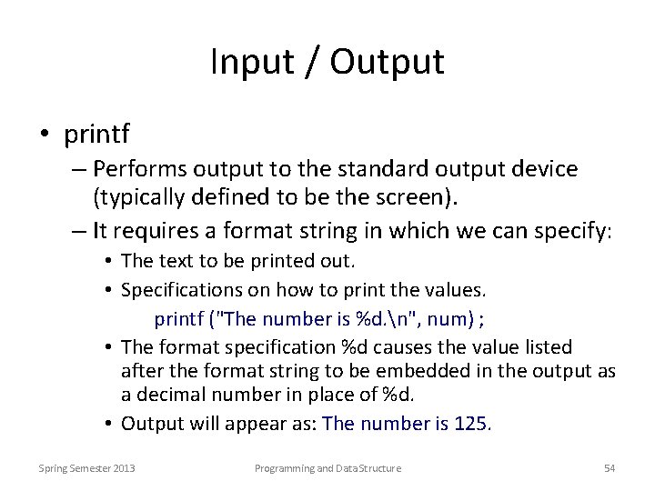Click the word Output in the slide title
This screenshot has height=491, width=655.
click(388, 62)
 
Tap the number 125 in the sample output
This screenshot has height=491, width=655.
click(472, 424)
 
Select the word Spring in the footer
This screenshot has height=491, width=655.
click(55, 468)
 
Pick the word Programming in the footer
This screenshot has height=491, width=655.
click(284, 468)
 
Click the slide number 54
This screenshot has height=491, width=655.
click(610, 468)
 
